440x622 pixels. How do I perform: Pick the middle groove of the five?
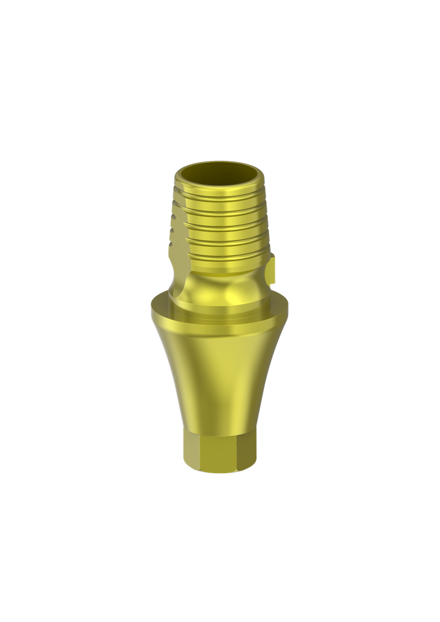pyautogui.click(x=222, y=226)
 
